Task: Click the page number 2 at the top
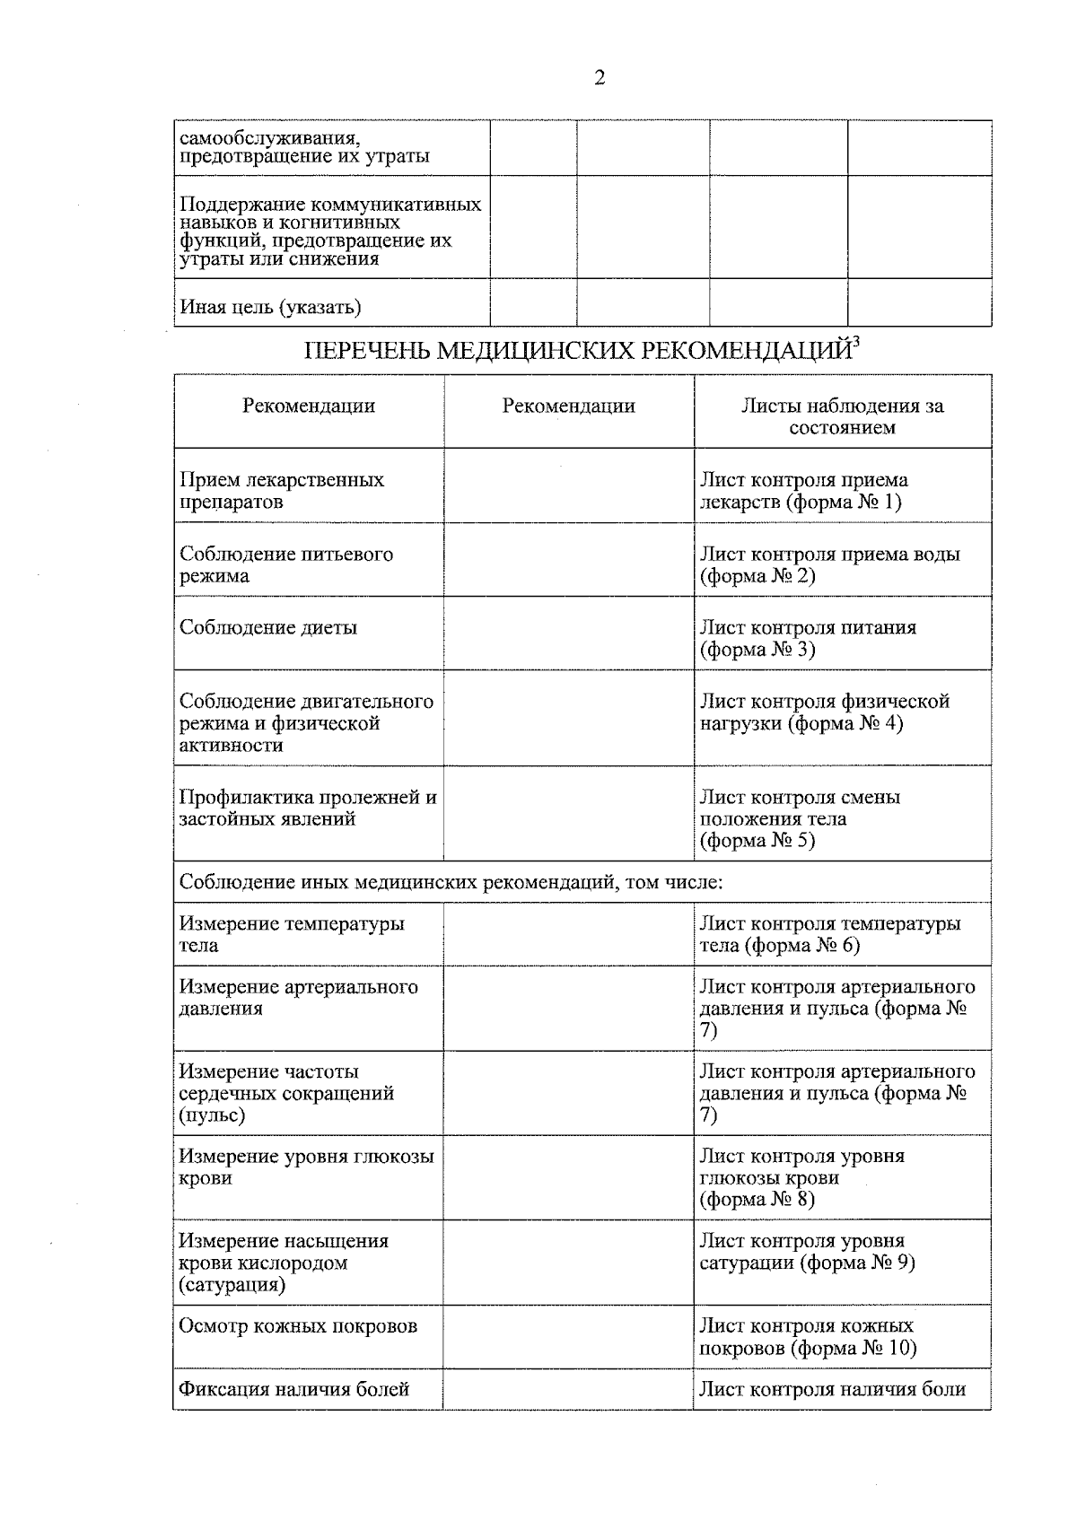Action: tap(600, 78)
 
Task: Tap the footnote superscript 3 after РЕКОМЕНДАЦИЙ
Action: tap(856, 340)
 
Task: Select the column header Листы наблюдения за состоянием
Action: tap(842, 416)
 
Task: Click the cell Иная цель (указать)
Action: tap(270, 307)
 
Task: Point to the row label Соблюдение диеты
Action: tap(268, 627)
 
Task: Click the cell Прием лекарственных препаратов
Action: tap(281, 490)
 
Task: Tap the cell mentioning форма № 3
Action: tap(808, 638)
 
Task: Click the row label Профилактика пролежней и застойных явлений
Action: tap(307, 808)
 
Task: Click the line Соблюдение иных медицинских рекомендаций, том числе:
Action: tap(451, 881)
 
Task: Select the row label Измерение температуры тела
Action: tap(291, 933)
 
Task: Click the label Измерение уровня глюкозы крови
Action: tap(305, 1167)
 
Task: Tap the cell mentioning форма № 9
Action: tap(806, 1252)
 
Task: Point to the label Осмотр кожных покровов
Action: tap(298, 1325)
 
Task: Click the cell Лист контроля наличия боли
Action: tap(832, 1389)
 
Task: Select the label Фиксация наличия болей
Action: tap(293, 1389)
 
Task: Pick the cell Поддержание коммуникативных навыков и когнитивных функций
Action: tap(329, 232)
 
